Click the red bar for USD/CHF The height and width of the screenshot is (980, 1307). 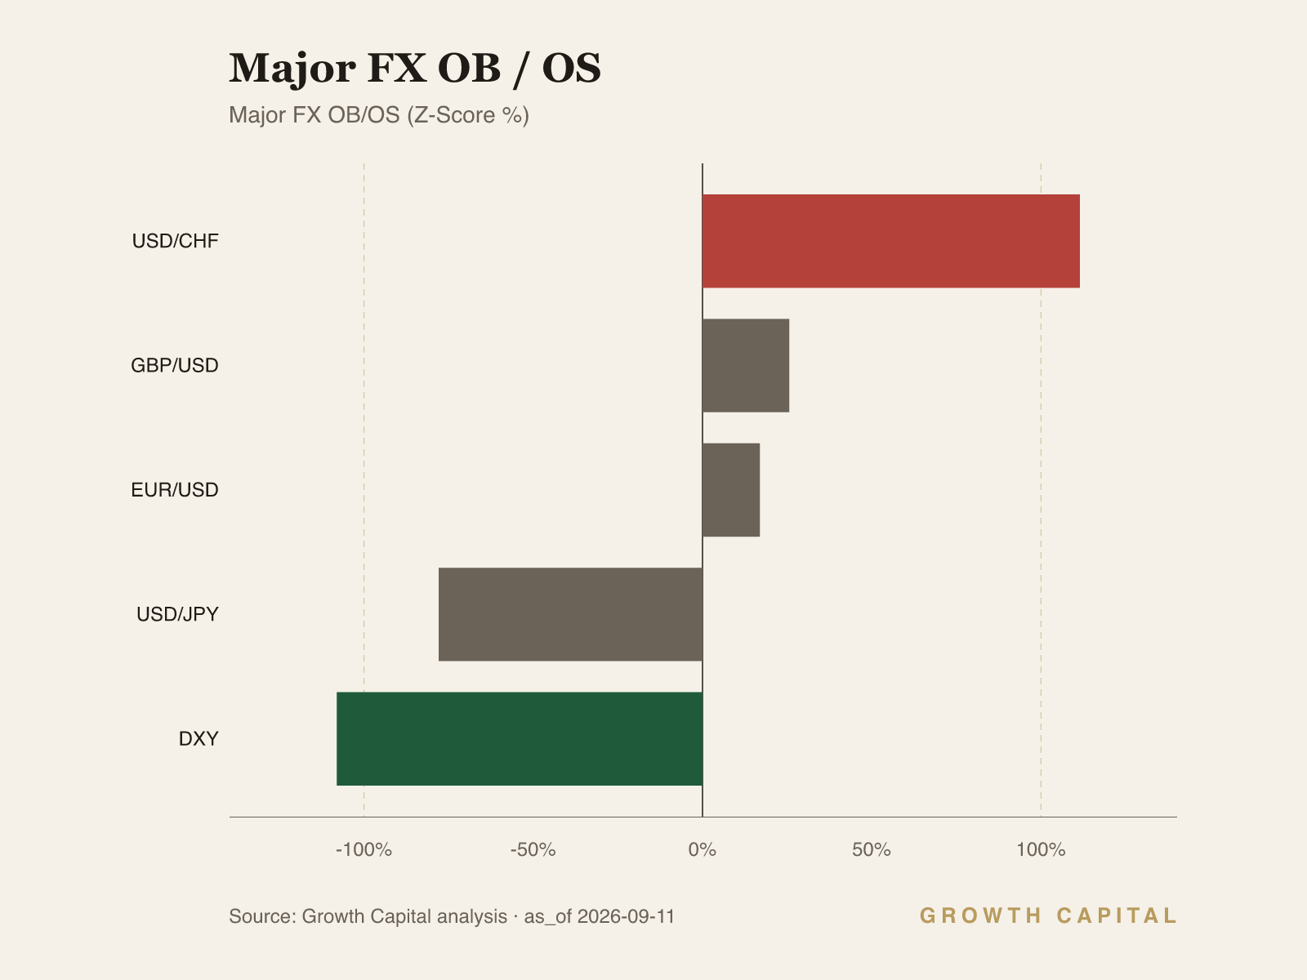pos(890,241)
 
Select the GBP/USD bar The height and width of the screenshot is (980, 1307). pos(746,365)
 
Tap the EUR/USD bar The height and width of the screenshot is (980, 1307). pos(731,490)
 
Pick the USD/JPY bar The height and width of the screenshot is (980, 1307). pos(570,614)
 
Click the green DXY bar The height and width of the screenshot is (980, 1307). pos(520,738)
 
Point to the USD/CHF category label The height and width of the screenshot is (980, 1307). pos(175,241)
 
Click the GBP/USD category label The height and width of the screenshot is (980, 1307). pos(175,365)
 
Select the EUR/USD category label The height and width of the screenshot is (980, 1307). pos(175,490)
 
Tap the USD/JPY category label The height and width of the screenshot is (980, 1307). pos(177,614)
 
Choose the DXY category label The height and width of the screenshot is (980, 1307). pos(199,738)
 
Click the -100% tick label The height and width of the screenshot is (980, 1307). pos(364,849)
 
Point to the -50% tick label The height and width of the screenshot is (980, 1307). pos(533,849)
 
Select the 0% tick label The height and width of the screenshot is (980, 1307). pos(703,849)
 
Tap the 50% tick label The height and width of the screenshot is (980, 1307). pos(871,849)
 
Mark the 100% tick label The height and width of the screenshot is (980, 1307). pos(1041,849)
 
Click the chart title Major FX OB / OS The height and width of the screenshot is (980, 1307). pos(415,69)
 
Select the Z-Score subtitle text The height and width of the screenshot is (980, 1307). pos(468,115)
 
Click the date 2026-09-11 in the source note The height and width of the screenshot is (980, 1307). pos(626,916)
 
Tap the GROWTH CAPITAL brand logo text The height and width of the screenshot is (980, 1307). pos(1048,915)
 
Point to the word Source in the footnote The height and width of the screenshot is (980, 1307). pos(262,916)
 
